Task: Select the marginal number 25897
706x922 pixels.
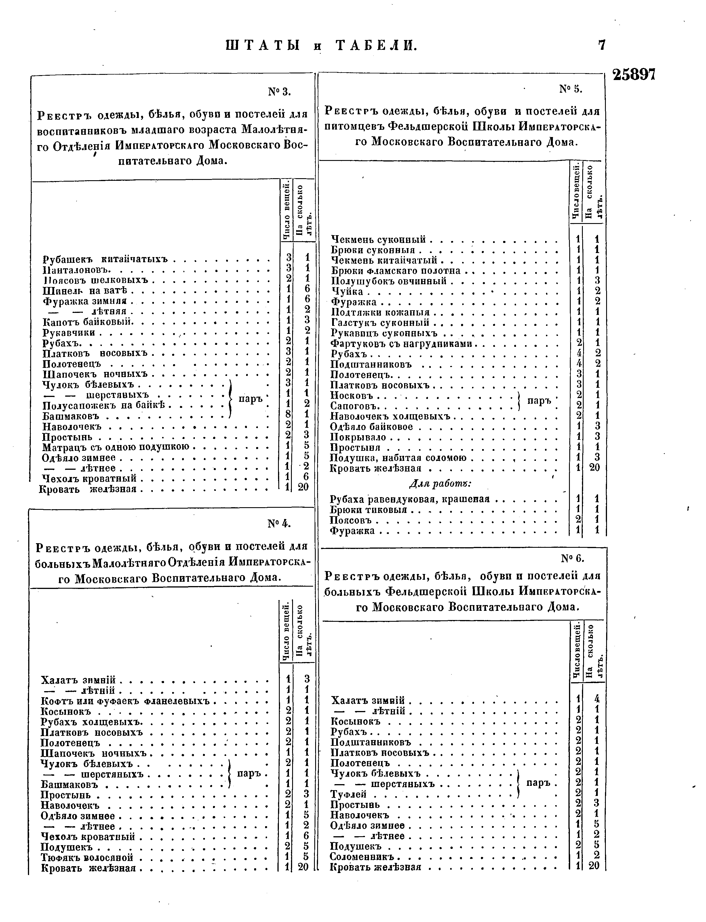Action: click(x=634, y=75)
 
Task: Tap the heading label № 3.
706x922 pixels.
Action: click(x=280, y=91)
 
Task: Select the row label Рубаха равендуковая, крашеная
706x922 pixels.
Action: click(x=410, y=499)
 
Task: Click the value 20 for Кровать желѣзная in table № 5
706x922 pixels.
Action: click(x=595, y=468)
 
